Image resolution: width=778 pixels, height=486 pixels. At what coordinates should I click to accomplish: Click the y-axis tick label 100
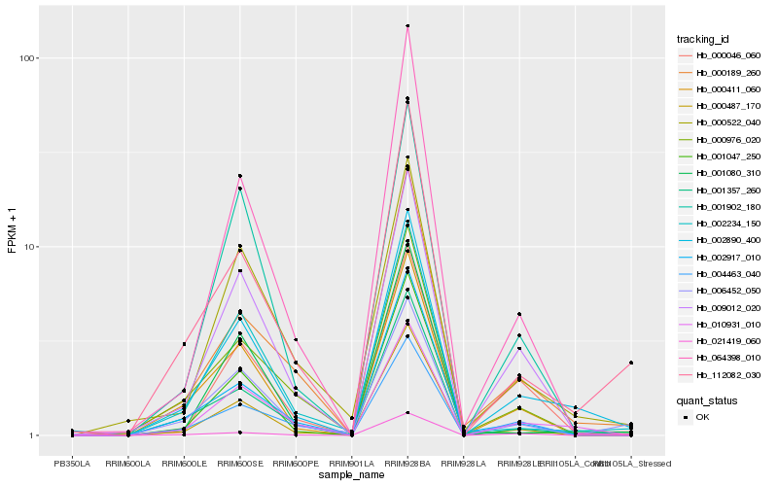coord(27,58)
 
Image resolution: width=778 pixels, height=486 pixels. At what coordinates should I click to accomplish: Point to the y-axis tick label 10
coord(29,247)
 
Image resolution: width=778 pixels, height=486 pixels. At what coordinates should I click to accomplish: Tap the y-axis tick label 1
coord(32,435)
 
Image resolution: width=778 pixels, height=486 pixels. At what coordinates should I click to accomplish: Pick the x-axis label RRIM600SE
coord(238,463)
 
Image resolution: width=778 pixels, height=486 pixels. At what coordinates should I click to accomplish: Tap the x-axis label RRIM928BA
coord(407,463)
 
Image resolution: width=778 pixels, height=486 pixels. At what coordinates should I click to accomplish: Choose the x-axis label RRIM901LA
coord(351,463)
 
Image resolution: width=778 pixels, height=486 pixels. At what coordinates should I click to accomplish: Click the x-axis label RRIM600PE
coord(295,463)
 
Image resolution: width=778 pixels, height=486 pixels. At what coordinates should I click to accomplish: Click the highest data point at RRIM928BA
coord(407,26)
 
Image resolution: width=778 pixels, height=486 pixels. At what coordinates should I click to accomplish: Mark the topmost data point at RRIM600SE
coord(239,176)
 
